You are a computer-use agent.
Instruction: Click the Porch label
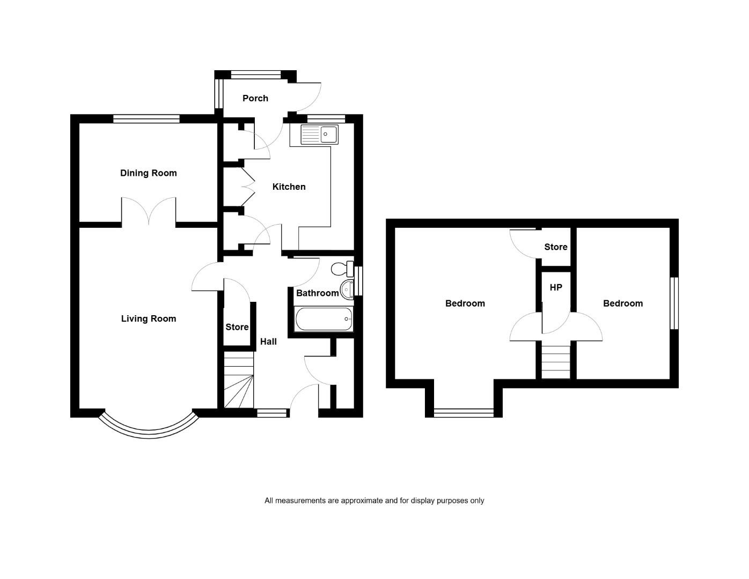pyautogui.click(x=255, y=99)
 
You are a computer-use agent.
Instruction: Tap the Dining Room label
pyautogui.click(x=148, y=173)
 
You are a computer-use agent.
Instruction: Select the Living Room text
pyautogui.click(x=148, y=318)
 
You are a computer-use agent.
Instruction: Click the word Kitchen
pyautogui.click(x=289, y=187)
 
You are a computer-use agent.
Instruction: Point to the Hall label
pyautogui.click(x=268, y=342)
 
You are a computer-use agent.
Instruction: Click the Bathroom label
pyautogui.click(x=318, y=293)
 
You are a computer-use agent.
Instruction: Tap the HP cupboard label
pyautogui.click(x=556, y=287)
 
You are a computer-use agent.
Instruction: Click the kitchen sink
pyautogui.click(x=319, y=135)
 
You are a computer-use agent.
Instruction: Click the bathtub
pyautogui.click(x=324, y=319)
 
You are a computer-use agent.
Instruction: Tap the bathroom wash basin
pyautogui.click(x=347, y=289)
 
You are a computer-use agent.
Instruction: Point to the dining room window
pyautogui.click(x=146, y=119)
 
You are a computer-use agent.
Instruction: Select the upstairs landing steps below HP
pyautogui.click(x=556, y=362)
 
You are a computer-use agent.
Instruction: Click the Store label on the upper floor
pyautogui.click(x=556, y=247)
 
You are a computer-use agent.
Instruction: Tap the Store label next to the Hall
pyautogui.click(x=237, y=327)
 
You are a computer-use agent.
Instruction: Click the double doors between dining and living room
pyautogui.click(x=149, y=211)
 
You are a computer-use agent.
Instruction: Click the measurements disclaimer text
pyautogui.click(x=374, y=501)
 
